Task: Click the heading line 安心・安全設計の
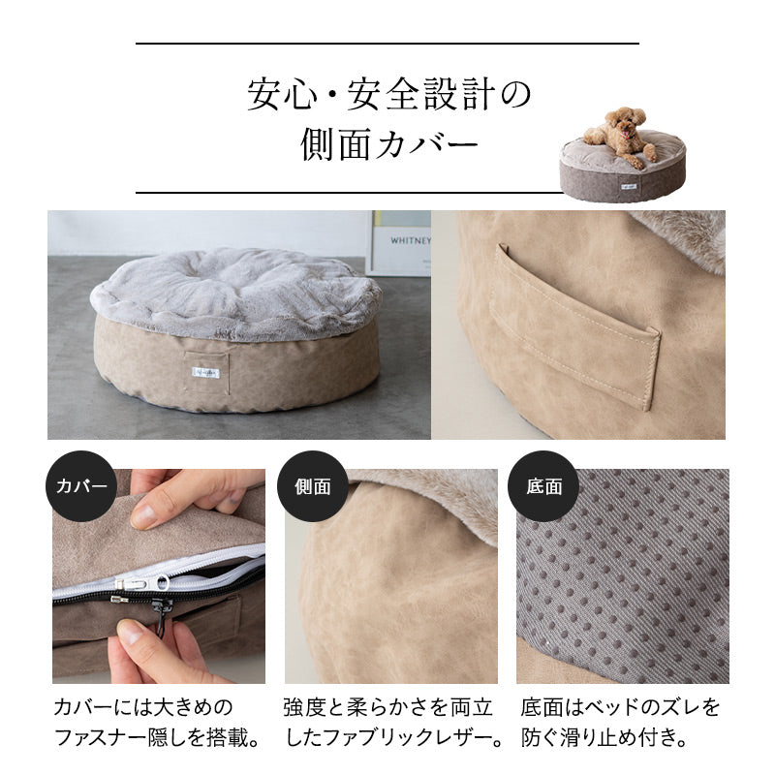[x=387, y=96]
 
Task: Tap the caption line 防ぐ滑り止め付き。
[x=604, y=738]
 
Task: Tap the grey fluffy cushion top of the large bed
[x=237, y=291]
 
